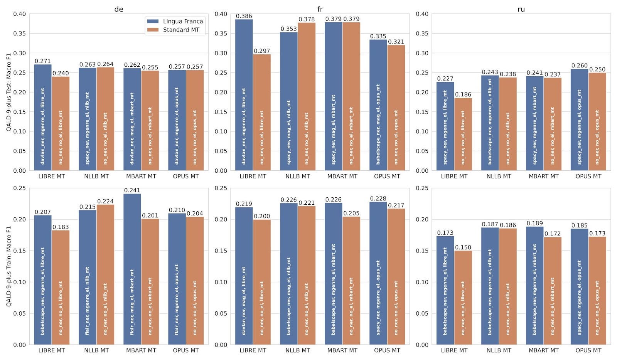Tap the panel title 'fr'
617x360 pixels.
coord(320,9)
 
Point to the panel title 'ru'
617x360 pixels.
coord(521,9)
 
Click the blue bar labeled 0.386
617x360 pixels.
coord(244,95)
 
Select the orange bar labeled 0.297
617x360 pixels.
coord(262,112)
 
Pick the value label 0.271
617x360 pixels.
coord(43,61)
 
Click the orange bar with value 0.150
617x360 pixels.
coord(463,298)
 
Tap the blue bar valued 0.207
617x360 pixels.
coord(43,280)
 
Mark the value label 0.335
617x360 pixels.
coord(378,36)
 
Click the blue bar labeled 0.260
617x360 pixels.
coord(580,119)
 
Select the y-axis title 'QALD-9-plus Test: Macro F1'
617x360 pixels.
coord(8,92)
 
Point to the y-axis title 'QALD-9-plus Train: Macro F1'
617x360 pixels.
coord(8,266)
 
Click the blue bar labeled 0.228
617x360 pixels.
coord(378,273)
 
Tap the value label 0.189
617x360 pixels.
coord(534,223)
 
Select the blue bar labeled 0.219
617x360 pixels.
coord(244,276)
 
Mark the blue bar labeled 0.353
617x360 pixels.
coord(289,101)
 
